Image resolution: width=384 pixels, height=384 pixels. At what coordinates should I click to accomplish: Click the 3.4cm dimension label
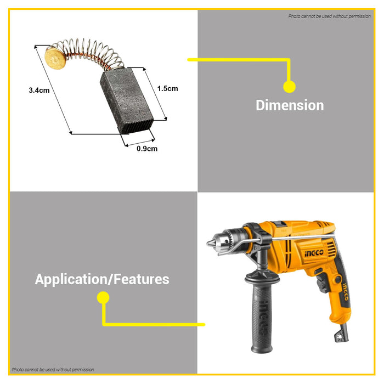(x=39, y=91)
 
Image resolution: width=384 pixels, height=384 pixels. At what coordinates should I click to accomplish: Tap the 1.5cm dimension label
(x=167, y=89)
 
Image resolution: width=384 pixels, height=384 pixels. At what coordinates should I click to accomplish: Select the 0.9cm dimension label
(x=147, y=149)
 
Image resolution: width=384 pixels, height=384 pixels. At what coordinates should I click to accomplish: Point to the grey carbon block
(x=127, y=100)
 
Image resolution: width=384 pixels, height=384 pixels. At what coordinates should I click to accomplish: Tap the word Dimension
(x=290, y=105)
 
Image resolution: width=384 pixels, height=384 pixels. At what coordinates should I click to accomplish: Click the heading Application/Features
(x=102, y=279)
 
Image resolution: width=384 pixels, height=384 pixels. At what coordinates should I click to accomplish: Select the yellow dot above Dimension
(x=289, y=87)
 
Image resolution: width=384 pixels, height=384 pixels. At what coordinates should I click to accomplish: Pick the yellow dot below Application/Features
(x=103, y=297)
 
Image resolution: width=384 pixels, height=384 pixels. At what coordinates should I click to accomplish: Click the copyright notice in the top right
(x=329, y=16)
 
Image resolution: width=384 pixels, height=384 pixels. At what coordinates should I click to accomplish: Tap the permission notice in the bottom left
(x=53, y=370)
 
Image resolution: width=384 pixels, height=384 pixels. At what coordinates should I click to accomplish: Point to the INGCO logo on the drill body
(x=314, y=253)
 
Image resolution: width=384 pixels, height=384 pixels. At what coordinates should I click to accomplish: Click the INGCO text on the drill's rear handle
(x=345, y=291)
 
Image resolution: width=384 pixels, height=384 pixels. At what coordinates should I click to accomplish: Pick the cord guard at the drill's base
(x=341, y=333)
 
